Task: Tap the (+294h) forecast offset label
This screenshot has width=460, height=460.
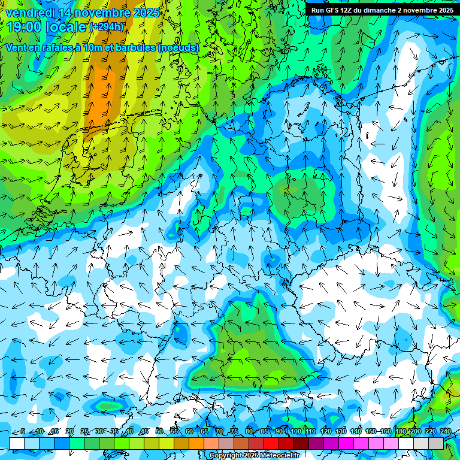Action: [107, 27]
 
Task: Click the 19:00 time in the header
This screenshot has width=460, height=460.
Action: [24, 27]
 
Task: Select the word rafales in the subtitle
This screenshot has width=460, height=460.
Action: [74, 48]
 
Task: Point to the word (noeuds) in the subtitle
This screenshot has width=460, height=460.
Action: [178, 48]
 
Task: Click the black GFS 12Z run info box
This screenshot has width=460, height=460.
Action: [382, 10]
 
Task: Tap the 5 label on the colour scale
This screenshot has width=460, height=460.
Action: [23, 432]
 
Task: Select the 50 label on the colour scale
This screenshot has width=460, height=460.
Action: [159, 432]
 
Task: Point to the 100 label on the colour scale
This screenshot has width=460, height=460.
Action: [295, 432]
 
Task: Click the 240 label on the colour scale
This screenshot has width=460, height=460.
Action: [446, 432]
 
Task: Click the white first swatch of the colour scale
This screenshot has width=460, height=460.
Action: [16, 443]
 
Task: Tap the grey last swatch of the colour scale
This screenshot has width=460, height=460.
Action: [436, 443]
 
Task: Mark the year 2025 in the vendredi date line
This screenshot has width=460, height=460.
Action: [146, 13]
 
